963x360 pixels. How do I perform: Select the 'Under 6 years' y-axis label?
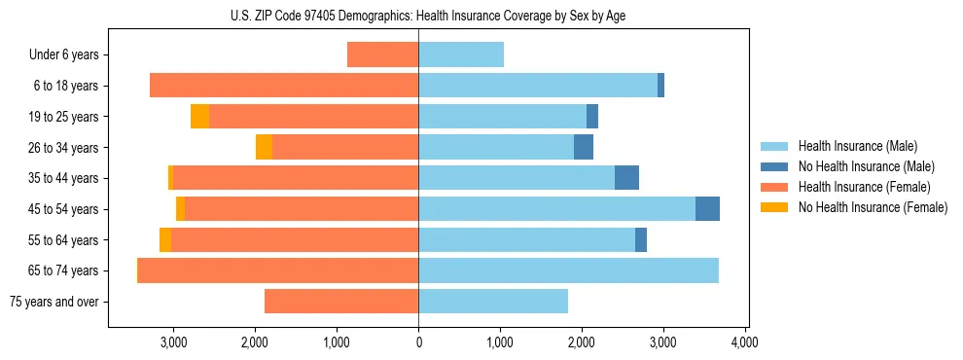[64, 55]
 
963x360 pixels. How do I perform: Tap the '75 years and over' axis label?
[53, 302]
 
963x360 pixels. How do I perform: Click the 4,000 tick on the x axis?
[745, 342]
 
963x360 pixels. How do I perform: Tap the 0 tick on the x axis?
[418, 342]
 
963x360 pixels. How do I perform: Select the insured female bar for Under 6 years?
[382, 55]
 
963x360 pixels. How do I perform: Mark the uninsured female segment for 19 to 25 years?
[199, 117]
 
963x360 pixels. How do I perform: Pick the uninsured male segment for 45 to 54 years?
[707, 209]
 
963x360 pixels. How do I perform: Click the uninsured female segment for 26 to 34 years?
[264, 148]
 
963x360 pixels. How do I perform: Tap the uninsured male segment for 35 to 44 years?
[626, 178]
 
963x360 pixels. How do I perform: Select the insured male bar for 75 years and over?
[493, 302]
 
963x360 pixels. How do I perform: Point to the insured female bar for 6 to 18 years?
[284, 86]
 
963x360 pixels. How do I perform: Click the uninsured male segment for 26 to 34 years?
[584, 148]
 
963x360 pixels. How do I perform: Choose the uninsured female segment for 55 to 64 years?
[165, 240]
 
